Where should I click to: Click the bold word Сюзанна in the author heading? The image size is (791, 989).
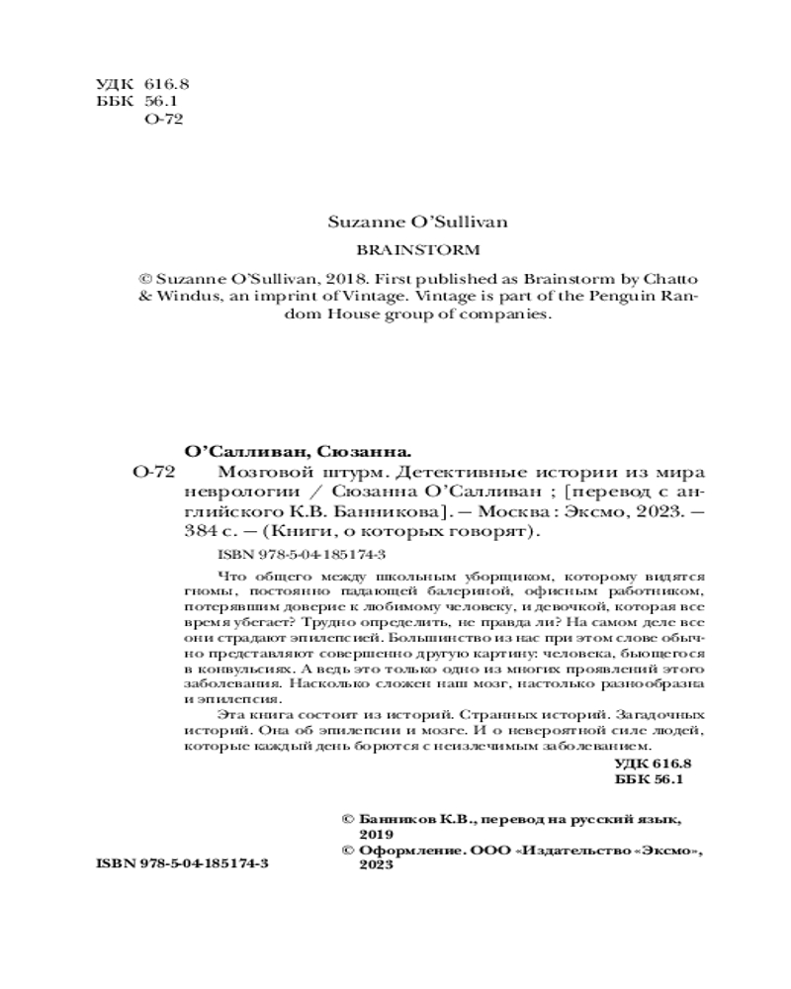(364, 449)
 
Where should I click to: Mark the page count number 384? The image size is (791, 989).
(202, 532)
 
